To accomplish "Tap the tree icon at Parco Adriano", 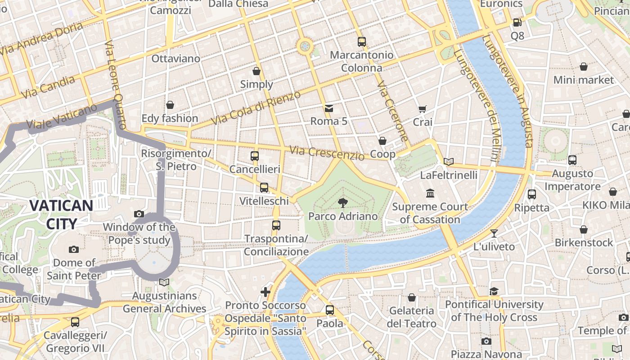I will tap(343, 202).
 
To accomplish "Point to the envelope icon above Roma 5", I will tap(329, 108).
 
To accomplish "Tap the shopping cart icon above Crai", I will tap(422, 109).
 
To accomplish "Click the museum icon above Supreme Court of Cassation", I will tap(430, 193).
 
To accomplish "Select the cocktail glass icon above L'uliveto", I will tap(494, 233).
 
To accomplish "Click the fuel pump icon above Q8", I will tap(517, 22).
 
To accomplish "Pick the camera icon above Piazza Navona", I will tap(486, 341).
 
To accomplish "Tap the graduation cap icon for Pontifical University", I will tap(494, 291).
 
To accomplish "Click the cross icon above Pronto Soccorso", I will tap(265, 292).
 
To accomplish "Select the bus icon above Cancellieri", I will tap(255, 156).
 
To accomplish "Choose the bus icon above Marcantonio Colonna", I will tap(362, 42).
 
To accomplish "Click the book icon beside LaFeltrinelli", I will tap(448, 162).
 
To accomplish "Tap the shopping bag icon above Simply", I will tap(256, 71).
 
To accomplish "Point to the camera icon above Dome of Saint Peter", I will tap(74, 249).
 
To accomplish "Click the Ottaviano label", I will tap(175, 58).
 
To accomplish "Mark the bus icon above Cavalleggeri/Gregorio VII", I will tap(75, 322).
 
